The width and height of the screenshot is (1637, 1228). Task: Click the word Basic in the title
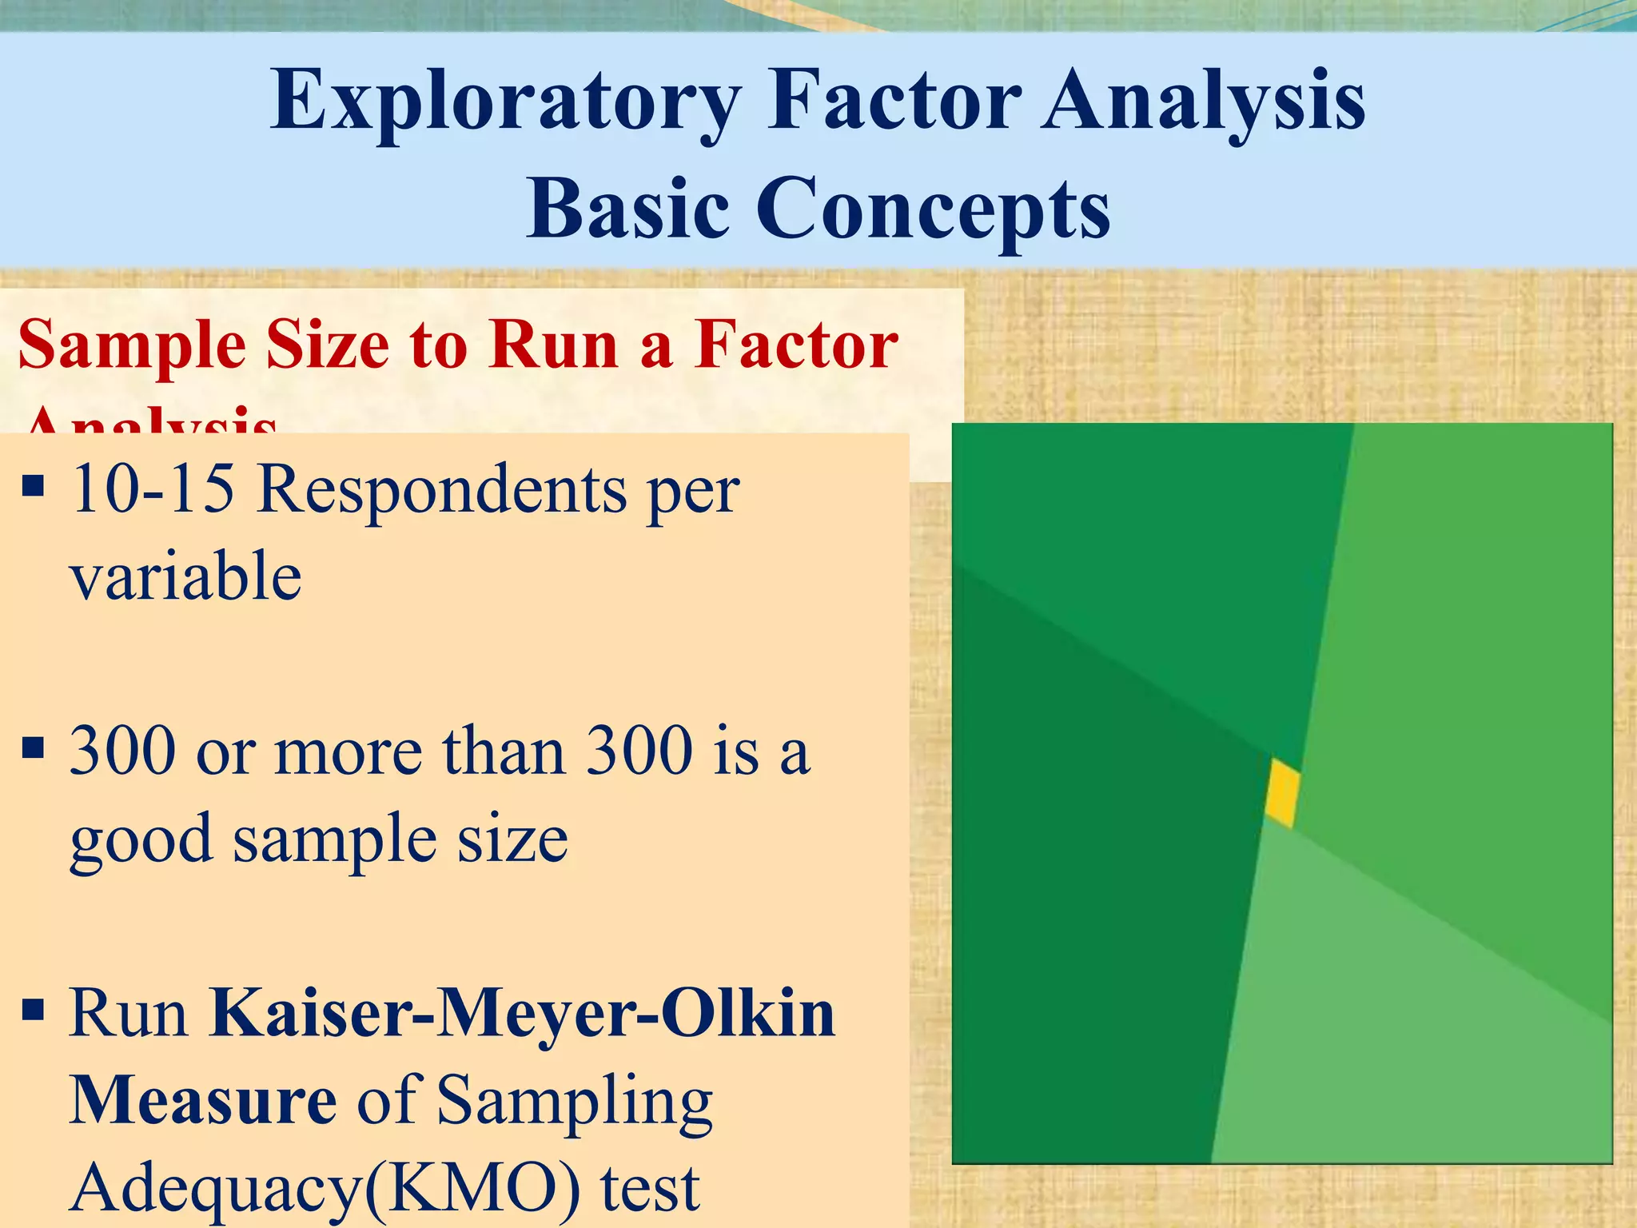coord(627,209)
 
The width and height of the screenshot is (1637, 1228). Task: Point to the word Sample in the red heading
coord(132,345)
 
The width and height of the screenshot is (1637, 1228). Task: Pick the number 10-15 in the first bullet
coord(152,489)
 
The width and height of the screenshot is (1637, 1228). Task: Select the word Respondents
coord(441,489)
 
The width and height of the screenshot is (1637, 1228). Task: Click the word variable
coord(185,576)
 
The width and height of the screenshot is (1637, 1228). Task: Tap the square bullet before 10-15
coord(33,485)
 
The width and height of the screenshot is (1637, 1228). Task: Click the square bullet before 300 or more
coord(33,748)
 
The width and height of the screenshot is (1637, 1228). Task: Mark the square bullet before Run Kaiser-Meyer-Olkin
coord(33,1010)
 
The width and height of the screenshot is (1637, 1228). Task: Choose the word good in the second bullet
coord(141,841)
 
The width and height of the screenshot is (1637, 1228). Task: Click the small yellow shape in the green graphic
coord(1282,793)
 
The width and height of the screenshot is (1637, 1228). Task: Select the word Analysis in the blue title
coord(1203,101)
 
